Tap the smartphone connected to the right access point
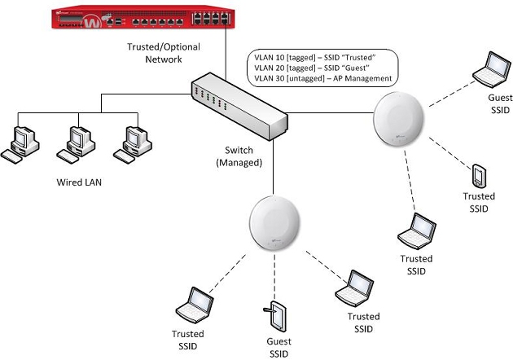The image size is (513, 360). (479, 175)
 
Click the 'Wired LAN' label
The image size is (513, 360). (75, 182)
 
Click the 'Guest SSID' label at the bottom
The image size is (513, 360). (279, 348)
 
